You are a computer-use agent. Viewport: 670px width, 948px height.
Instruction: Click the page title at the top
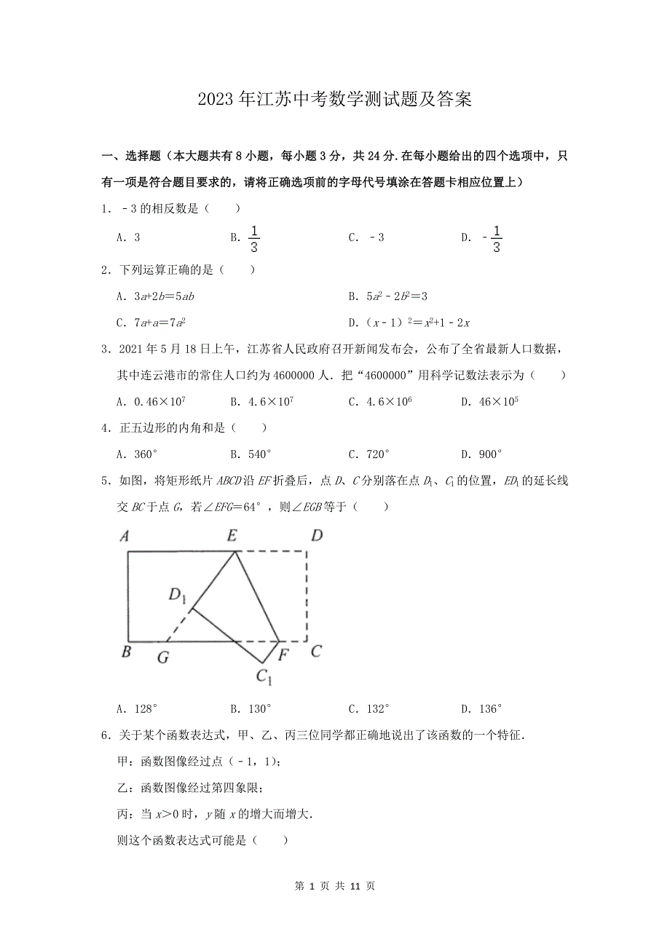point(335,100)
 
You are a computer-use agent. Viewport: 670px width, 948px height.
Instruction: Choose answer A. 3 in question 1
point(128,238)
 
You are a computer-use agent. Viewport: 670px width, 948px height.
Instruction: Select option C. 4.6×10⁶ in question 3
point(380,401)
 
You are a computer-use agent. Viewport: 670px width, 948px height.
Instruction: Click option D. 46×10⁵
point(489,401)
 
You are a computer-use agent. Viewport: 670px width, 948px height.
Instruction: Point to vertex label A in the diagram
point(125,537)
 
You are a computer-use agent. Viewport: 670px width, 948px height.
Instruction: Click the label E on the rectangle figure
point(232,537)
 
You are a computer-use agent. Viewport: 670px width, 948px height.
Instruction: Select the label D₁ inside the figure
point(178,596)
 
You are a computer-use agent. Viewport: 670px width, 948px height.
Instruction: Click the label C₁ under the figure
point(264,676)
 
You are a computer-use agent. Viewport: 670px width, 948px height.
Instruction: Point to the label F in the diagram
point(285,654)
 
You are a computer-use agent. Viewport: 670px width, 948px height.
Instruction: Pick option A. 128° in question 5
point(138,708)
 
